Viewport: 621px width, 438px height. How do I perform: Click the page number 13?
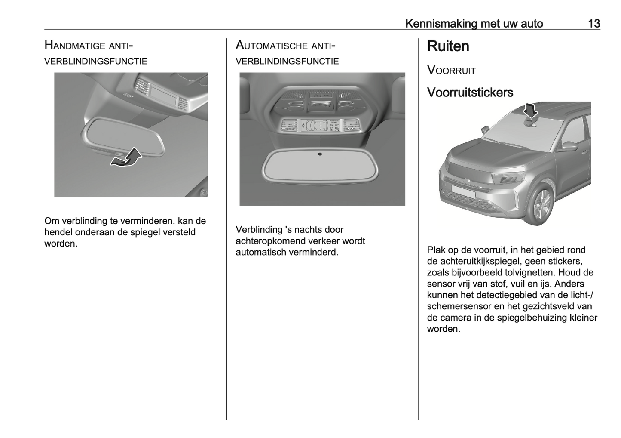594,23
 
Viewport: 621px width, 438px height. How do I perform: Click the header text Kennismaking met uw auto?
474,23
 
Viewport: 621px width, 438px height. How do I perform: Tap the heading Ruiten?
448,46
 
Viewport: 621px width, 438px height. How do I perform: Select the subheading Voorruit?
451,71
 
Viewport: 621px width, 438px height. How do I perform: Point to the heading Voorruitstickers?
470,93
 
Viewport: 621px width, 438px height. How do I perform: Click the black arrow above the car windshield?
531,111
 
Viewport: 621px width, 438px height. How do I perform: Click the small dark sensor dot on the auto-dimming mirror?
320,154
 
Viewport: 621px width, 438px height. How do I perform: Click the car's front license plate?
462,192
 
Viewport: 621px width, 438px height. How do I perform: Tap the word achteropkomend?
270,241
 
